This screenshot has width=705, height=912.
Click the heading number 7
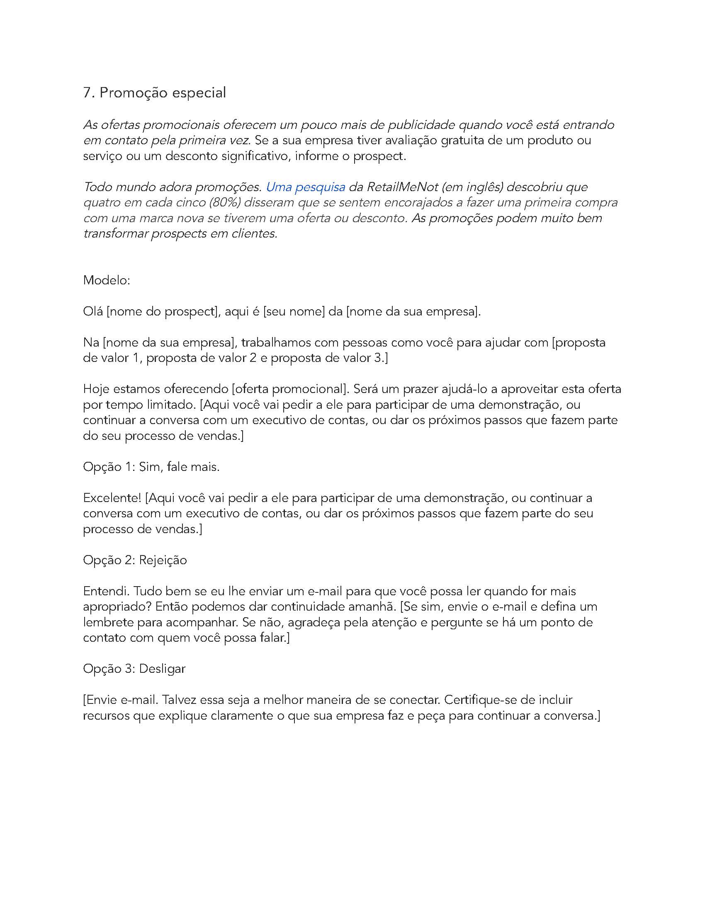87,93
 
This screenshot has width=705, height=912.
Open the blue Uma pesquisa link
305,187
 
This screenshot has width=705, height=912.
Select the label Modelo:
107,280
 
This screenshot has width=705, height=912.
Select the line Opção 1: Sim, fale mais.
151,466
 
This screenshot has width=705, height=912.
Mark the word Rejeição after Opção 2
163,560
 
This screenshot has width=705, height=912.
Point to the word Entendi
106,591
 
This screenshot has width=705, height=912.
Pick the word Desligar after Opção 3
162,669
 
